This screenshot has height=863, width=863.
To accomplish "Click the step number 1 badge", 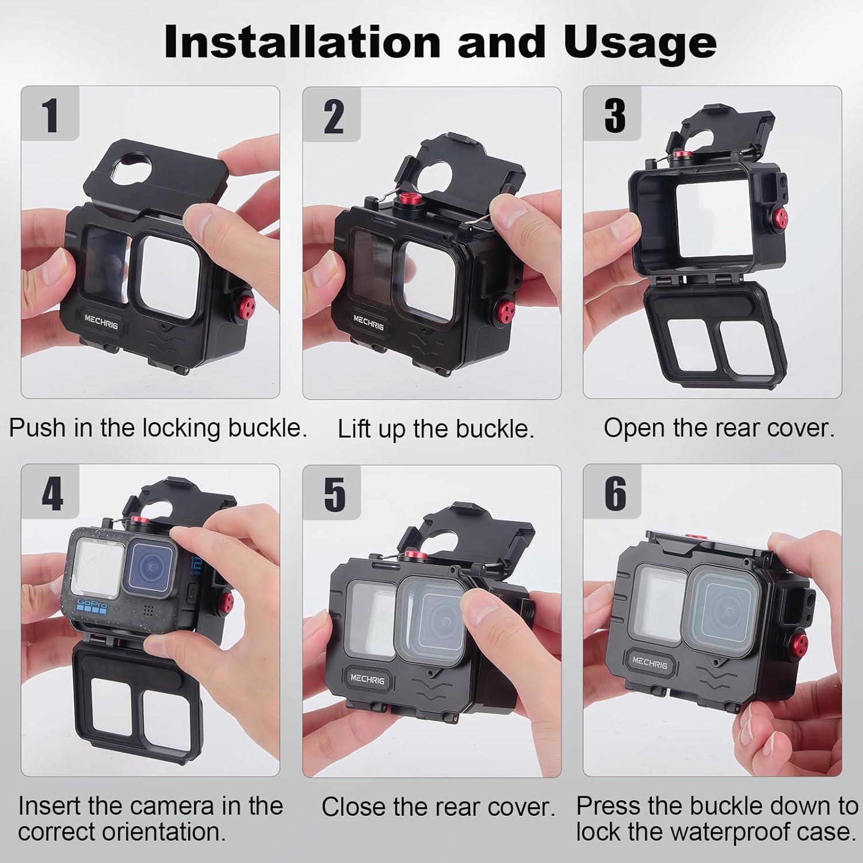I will (51, 114).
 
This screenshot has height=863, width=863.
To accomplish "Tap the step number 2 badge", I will (333, 116).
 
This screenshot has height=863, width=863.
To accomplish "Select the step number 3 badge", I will (613, 114).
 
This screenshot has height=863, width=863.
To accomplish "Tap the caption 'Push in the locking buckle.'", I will (158, 427).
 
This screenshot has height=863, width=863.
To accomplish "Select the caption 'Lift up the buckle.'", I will (436, 429).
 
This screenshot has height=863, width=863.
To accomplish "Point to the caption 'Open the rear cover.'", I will (719, 427).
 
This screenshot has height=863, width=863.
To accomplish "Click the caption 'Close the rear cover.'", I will (438, 807).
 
